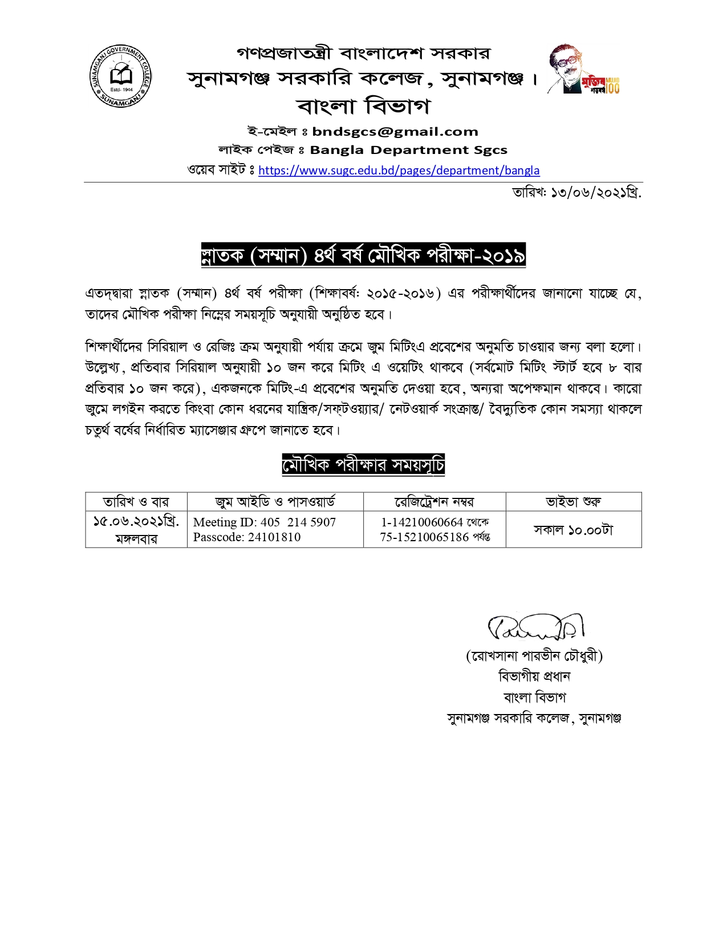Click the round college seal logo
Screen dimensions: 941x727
[x=120, y=76]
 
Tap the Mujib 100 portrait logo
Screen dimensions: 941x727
[x=583, y=70]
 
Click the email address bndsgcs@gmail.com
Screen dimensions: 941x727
[x=395, y=132]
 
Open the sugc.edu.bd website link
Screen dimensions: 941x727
[x=399, y=170]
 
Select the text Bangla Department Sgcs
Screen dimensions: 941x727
[x=408, y=150]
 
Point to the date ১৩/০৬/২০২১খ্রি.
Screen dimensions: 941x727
[x=577, y=193]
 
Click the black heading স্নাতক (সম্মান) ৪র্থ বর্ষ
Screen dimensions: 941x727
[x=363, y=255]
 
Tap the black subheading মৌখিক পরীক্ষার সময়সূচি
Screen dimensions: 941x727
[x=363, y=465]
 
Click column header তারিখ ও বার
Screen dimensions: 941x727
[x=136, y=502]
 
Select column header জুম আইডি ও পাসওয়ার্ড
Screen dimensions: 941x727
[x=275, y=502]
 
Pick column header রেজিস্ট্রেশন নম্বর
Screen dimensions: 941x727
[x=434, y=502]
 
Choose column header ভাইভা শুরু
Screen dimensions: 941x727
[x=573, y=502]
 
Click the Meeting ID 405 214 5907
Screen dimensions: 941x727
[x=265, y=522]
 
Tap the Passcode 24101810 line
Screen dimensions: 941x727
[x=247, y=537]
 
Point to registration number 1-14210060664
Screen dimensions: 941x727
[x=422, y=522]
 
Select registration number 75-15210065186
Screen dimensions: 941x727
[x=424, y=537]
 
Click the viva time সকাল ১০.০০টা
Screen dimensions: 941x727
[x=573, y=530]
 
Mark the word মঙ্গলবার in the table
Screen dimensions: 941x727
[x=136, y=539]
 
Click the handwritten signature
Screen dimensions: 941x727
[x=535, y=627]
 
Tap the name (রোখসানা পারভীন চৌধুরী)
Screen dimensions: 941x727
[x=534, y=656]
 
